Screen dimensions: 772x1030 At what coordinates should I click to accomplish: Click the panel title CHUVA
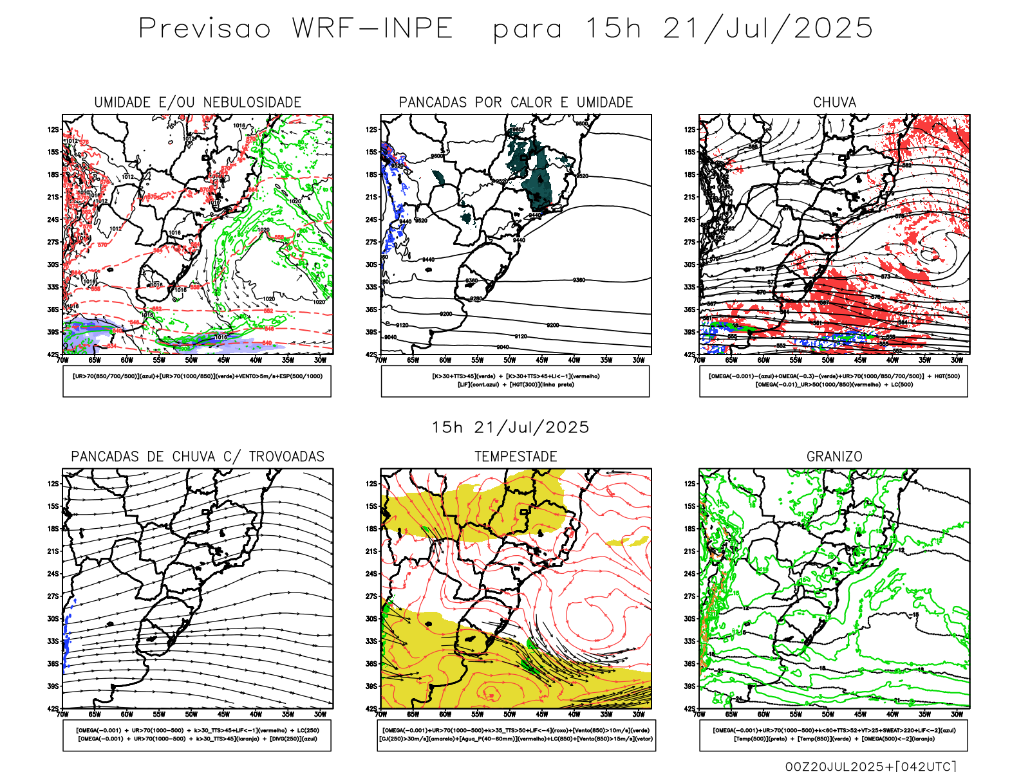[x=834, y=102]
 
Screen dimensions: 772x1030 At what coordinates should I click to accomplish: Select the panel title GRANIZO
[x=834, y=457]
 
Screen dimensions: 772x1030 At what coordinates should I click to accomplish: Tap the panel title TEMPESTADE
[x=516, y=457]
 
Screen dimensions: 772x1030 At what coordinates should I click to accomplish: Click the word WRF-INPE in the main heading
[x=373, y=29]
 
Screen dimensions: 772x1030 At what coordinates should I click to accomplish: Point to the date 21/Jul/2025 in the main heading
[x=767, y=29]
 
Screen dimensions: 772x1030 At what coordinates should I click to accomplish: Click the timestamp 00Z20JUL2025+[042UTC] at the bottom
[x=870, y=766]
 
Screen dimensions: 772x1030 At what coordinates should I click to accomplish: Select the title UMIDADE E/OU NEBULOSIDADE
[x=198, y=102]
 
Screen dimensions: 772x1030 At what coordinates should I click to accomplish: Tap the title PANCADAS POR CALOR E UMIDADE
[x=516, y=102]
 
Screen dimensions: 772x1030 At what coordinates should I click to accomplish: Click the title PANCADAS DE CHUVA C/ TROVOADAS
[x=198, y=457]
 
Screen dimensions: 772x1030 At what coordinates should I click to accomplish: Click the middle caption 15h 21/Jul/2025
[x=510, y=428]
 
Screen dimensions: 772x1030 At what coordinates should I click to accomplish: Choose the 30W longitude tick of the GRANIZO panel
[x=957, y=714]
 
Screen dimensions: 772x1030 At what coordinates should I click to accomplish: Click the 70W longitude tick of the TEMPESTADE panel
[x=381, y=714]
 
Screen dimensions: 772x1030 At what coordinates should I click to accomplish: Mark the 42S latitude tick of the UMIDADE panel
[x=53, y=354]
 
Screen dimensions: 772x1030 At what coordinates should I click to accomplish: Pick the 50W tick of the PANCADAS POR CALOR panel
[x=510, y=360]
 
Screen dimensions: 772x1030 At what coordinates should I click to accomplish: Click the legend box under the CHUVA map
[x=834, y=381]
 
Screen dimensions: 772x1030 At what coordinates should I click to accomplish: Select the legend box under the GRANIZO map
[x=834, y=735]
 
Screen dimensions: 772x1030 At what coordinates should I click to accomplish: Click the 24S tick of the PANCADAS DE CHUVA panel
[x=53, y=574]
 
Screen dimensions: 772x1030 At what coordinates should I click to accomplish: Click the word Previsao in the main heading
[x=205, y=29]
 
